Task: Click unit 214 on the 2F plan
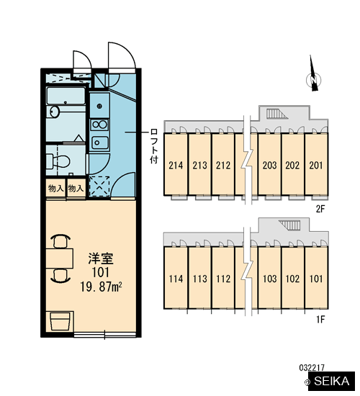point(176,164)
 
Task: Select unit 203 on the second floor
point(269,164)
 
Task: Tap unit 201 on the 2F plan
point(316,164)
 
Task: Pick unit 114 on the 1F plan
point(176,278)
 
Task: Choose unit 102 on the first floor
point(293,278)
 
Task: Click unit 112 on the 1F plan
point(223,278)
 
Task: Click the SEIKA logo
point(332,381)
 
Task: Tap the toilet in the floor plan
point(58,161)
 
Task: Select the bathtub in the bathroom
point(66,96)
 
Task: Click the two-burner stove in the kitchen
point(99,125)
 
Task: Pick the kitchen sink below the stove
point(100,143)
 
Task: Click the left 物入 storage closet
point(55,189)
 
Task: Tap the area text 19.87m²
point(101,287)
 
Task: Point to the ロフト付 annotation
point(154,146)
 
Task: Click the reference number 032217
point(312,367)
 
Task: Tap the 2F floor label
point(320,209)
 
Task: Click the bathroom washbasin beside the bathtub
point(54,112)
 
